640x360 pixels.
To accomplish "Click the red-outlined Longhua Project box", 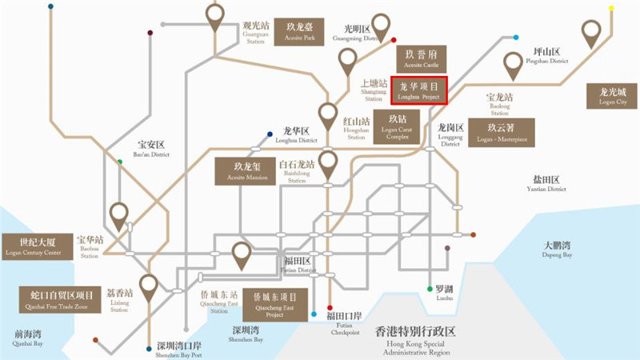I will click(x=419, y=90).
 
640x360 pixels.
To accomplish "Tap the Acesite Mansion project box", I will click(x=245, y=171).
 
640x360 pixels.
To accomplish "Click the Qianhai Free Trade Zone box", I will click(x=56, y=301).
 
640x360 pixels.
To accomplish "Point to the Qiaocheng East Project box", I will click(x=274, y=305).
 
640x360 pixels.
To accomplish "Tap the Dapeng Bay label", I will click(x=558, y=250).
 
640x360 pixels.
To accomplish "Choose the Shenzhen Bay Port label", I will click(x=179, y=350).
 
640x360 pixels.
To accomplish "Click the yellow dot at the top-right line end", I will click(x=611, y=9).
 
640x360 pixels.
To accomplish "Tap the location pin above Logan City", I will click(x=591, y=34).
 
